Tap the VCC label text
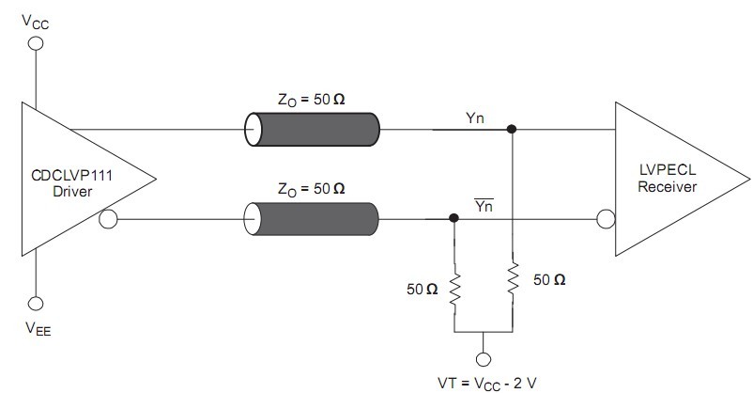[35, 23]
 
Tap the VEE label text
[38, 328]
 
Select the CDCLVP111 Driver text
[72, 183]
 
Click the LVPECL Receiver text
[667, 179]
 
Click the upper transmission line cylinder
[312, 130]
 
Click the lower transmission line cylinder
[311, 219]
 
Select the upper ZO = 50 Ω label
[311, 100]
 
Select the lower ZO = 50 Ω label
[311, 189]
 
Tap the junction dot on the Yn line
[512, 129]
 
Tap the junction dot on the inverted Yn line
[453, 218]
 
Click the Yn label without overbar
[475, 118]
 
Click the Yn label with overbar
[484, 205]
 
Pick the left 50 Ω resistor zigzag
[454, 289]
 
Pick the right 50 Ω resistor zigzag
[513, 278]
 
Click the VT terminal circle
[484, 359]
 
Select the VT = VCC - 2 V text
[487, 384]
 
